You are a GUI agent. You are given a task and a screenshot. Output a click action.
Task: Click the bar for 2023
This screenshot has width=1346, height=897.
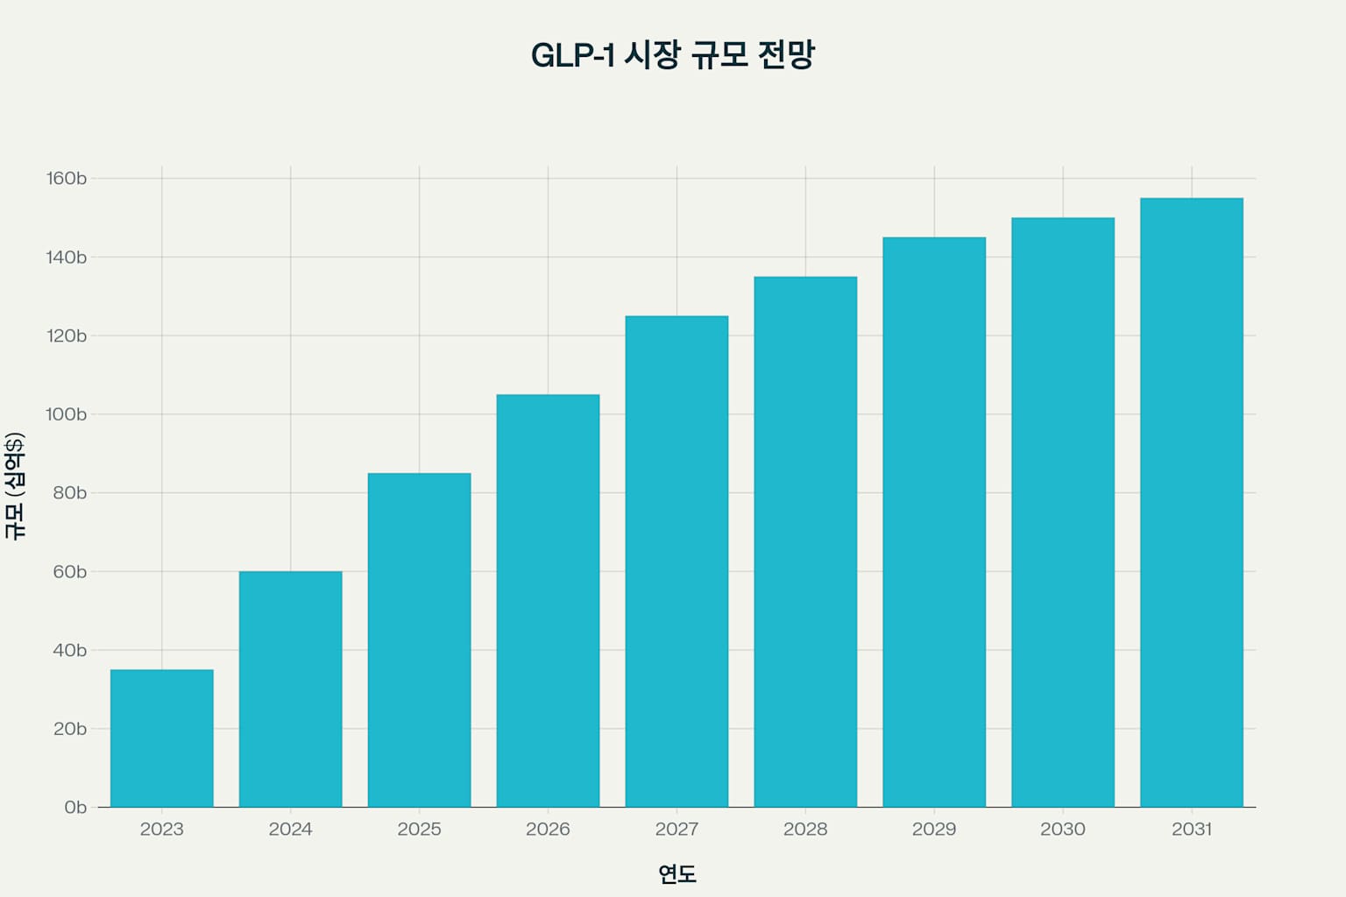tap(162, 738)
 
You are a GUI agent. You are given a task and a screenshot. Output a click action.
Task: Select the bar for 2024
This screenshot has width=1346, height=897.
tap(291, 689)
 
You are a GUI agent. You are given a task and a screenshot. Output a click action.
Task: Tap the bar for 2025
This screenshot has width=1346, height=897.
tap(419, 640)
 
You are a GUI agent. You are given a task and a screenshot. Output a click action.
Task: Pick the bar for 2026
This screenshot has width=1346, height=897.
tap(548, 601)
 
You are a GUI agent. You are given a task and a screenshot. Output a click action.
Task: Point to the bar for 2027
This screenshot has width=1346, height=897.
tap(677, 562)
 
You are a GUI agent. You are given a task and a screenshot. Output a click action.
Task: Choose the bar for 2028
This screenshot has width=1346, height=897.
tap(805, 542)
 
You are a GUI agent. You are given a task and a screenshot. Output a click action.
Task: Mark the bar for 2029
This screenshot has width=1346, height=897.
tap(934, 522)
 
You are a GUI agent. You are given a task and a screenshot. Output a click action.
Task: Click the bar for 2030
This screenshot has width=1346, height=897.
tap(1063, 512)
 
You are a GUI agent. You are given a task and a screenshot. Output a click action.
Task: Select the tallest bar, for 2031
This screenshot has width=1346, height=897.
tap(1192, 503)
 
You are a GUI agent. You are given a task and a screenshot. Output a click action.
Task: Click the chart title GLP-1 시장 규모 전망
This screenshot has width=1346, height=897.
tap(673, 55)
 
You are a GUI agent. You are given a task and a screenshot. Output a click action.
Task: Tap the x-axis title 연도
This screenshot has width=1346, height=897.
tap(677, 873)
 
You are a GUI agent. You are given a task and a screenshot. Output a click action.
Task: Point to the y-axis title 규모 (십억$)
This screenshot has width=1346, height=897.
tap(15, 486)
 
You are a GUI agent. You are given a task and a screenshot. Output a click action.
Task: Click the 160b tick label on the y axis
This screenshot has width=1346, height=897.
tap(67, 179)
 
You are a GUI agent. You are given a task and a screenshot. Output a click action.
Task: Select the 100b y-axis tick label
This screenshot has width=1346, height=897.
tap(67, 414)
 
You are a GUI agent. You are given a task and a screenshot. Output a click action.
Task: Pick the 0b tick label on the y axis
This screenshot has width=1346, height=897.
tap(75, 808)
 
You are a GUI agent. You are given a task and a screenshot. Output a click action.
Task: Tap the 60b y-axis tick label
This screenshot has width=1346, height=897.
tap(70, 572)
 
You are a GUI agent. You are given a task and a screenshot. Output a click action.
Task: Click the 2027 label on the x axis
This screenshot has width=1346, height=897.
tap(677, 830)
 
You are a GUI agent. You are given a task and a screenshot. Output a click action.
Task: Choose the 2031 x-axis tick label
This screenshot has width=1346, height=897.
tap(1192, 830)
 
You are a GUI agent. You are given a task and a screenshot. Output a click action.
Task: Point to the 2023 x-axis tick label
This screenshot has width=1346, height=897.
tap(162, 830)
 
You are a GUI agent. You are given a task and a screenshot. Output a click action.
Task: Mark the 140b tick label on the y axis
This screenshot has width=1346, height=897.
tap(67, 258)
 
